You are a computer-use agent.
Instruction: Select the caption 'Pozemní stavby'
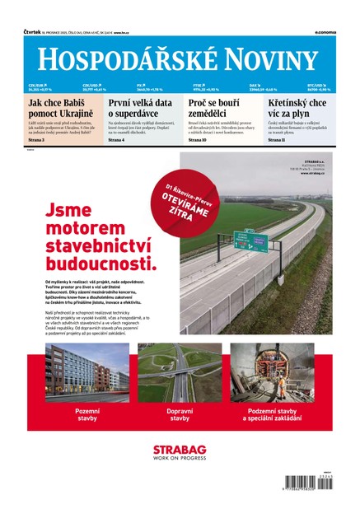point(86,413)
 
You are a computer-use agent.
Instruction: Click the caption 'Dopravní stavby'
point(180,413)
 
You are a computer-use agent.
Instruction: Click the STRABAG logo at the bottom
point(180,452)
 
